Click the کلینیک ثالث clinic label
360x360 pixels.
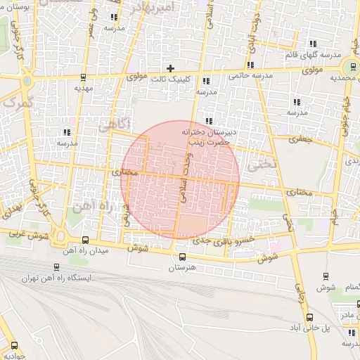171,80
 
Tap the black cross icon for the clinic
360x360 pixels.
170,68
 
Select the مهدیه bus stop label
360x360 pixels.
84,89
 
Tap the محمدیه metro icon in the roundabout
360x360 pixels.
349,67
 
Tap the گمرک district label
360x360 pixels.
18,103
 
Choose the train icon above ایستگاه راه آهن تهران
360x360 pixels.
56,267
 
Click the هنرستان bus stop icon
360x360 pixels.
183,257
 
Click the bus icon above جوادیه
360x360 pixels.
15,345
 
